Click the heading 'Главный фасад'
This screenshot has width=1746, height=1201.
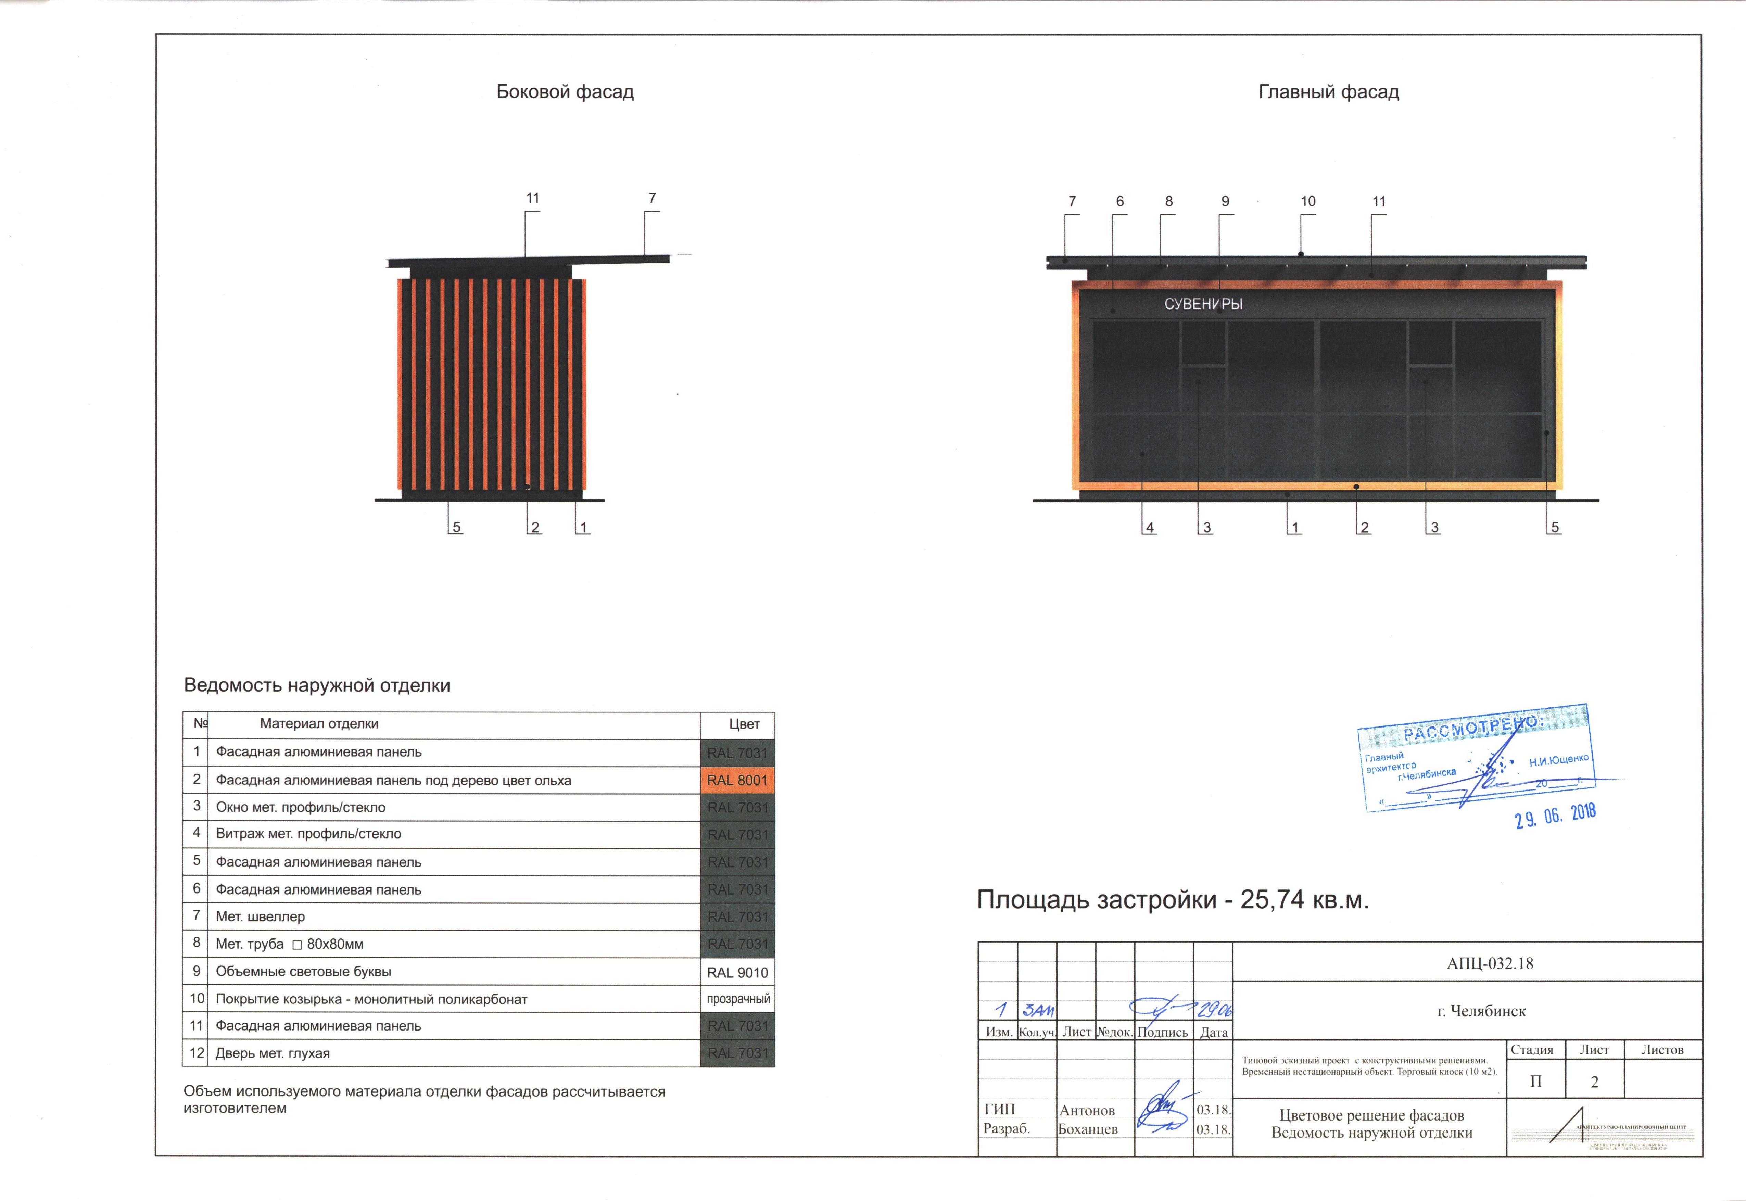point(1328,92)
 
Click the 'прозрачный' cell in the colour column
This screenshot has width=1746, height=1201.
point(737,999)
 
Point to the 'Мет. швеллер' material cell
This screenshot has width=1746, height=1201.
point(260,916)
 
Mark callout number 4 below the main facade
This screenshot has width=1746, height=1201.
point(1150,528)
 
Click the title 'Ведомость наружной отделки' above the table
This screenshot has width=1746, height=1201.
point(317,685)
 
